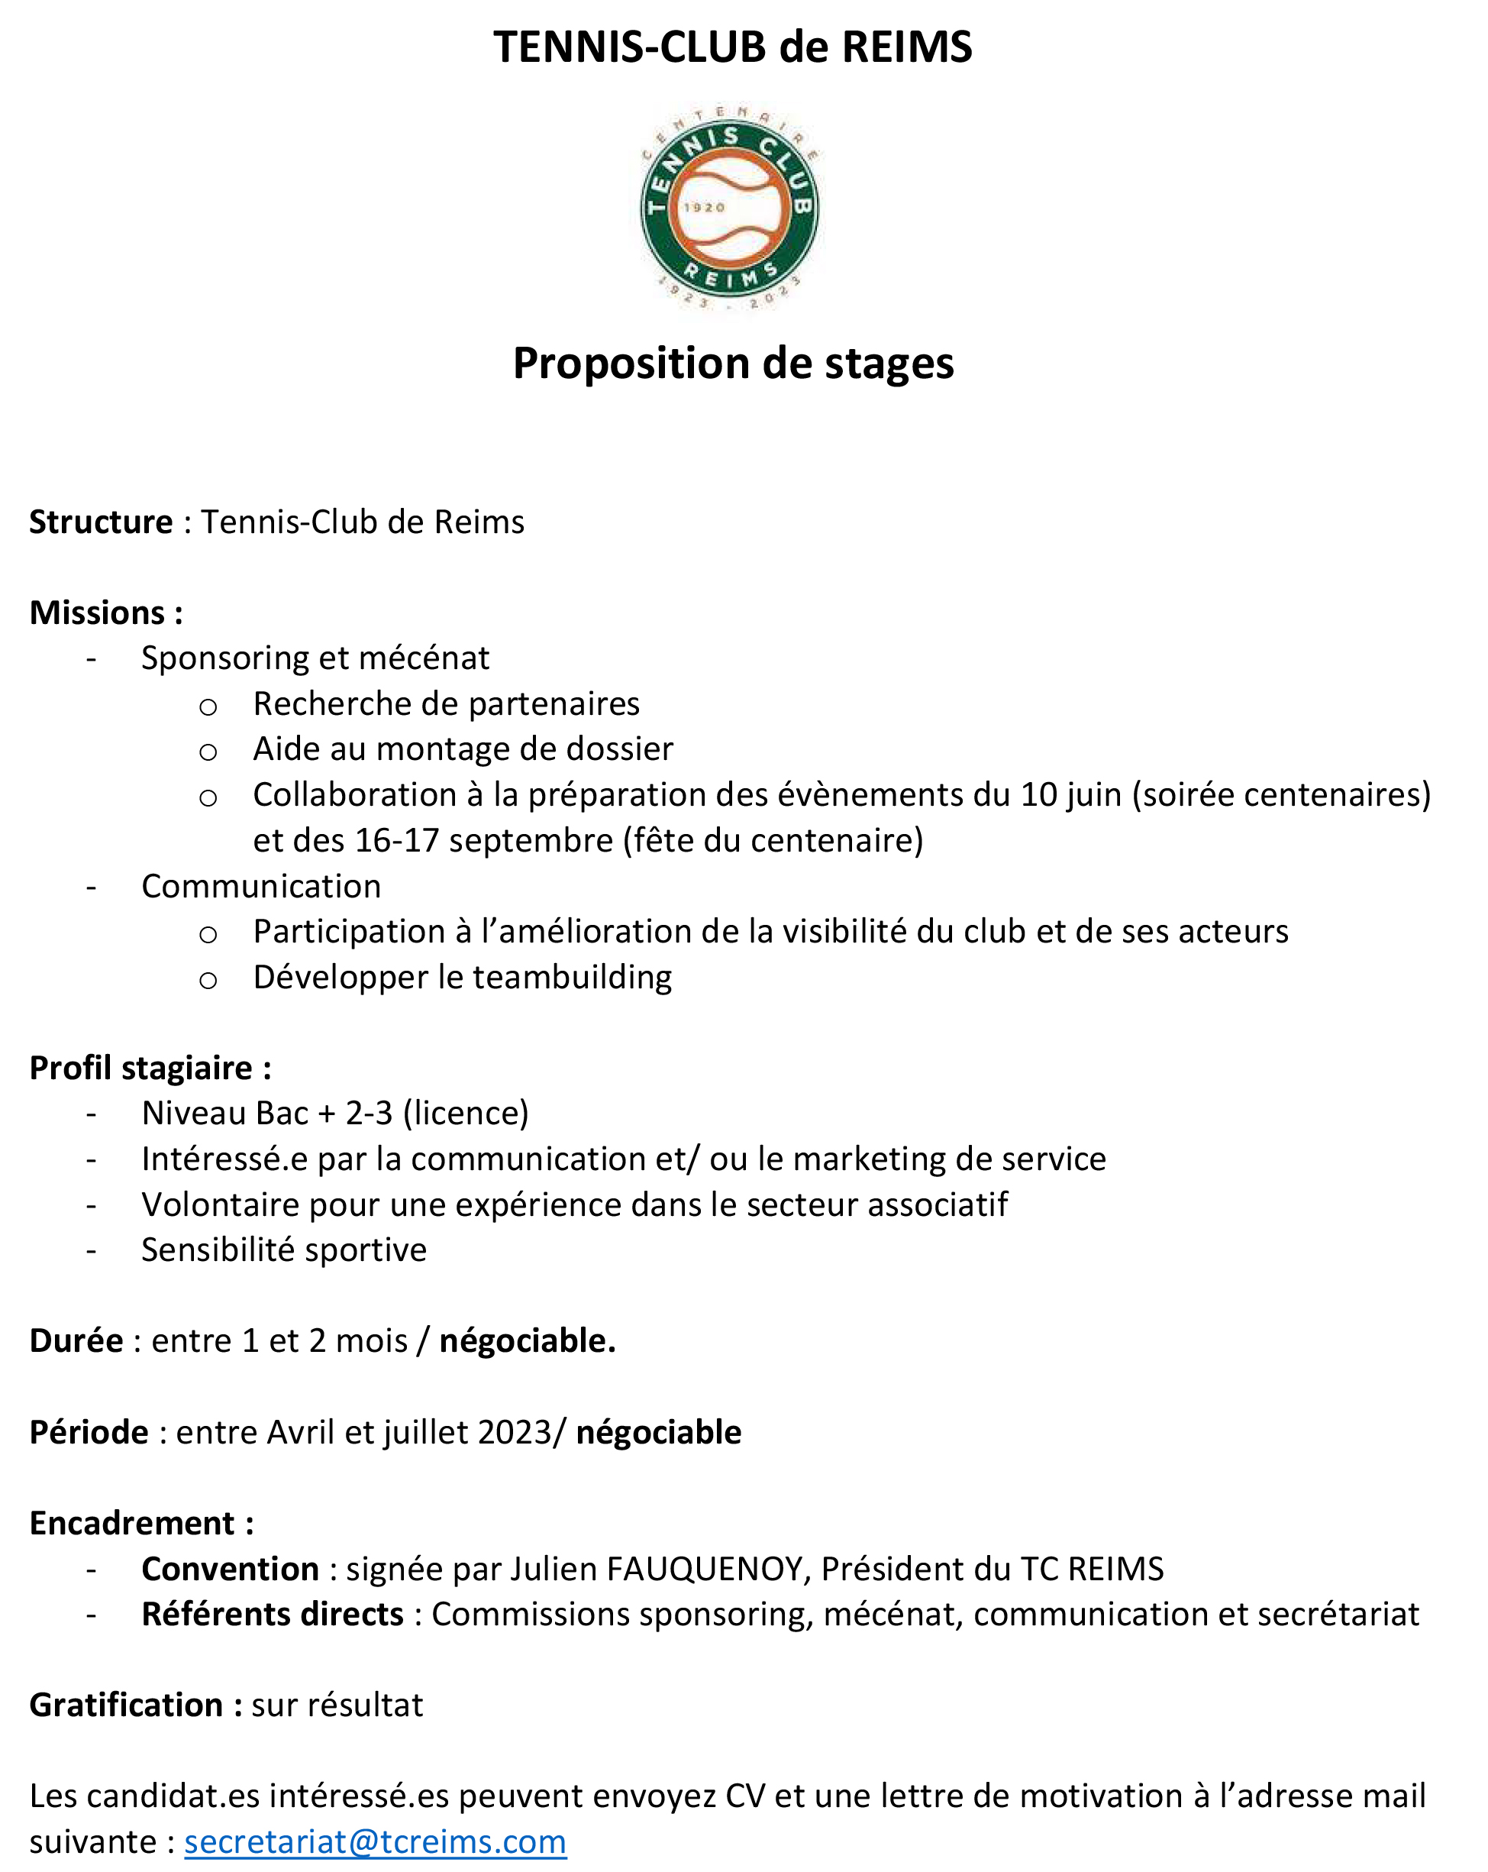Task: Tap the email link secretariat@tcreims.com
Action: click(x=375, y=1841)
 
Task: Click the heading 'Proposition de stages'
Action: click(x=733, y=363)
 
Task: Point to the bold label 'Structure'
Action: click(x=101, y=522)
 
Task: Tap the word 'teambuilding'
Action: click(x=571, y=978)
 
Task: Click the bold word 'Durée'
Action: click(x=76, y=1340)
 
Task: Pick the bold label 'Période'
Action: click(x=89, y=1432)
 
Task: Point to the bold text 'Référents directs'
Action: click(x=273, y=1614)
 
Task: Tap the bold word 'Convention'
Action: click(x=230, y=1569)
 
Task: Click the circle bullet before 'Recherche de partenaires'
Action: click(x=208, y=706)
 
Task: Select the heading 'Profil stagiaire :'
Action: click(x=150, y=1068)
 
